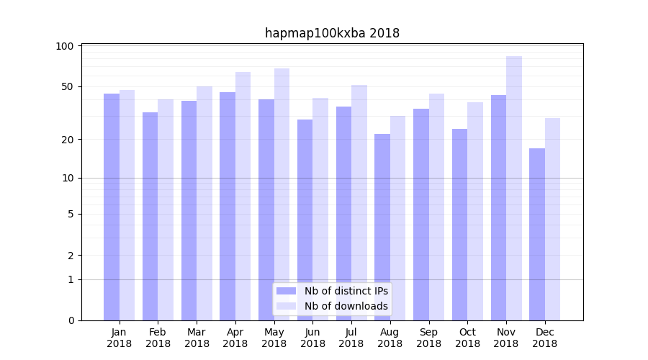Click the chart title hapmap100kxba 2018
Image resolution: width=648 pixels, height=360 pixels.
point(332,33)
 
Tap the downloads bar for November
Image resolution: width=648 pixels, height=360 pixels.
point(514,188)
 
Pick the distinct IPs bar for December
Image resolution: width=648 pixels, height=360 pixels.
point(537,234)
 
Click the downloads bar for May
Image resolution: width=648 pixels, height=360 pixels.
point(282,194)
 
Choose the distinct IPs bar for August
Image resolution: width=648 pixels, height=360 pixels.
point(382,227)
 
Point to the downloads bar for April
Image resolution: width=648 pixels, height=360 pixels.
point(243,196)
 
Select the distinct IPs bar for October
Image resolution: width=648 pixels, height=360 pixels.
point(459,225)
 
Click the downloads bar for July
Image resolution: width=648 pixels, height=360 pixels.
point(359,202)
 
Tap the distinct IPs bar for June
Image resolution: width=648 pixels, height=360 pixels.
point(305,220)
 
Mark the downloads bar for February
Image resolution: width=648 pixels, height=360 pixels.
point(166,210)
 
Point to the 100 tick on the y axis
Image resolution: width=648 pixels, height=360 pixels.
point(65,46)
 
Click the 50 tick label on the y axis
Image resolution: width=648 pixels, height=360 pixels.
point(68,86)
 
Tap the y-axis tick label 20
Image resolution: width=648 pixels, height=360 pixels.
point(68,139)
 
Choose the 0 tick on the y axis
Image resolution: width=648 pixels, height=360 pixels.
point(70,320)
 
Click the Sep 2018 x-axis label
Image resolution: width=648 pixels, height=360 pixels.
point(428,338)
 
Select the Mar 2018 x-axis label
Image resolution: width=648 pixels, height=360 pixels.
point(197,338)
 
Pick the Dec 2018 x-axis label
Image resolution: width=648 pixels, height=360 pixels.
point(544,338)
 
